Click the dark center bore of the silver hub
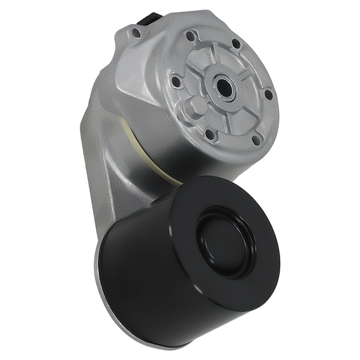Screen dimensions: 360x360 [x=225, y=88]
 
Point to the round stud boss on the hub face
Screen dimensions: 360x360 [x=195, y=108]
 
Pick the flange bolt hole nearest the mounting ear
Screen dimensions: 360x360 [x=191, y=36]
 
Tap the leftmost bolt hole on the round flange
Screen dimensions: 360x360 [x=175, y=80]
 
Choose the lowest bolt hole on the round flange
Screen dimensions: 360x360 [x=257, y=140]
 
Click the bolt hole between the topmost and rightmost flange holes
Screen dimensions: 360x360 [x=236, y=43]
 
